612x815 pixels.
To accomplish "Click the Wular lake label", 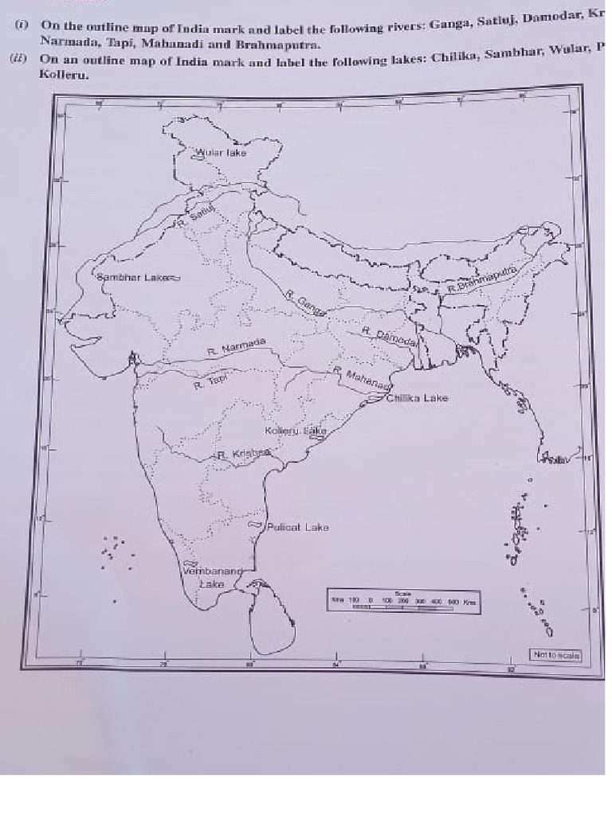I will click(222, 152).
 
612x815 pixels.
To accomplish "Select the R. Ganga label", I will click(306, 304).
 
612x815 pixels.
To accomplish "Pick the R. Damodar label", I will click(390, 335).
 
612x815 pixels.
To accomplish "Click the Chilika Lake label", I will click(417, 398).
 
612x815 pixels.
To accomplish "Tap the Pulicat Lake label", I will click(297, 527).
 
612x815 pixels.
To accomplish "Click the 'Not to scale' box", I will click(556, 654).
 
